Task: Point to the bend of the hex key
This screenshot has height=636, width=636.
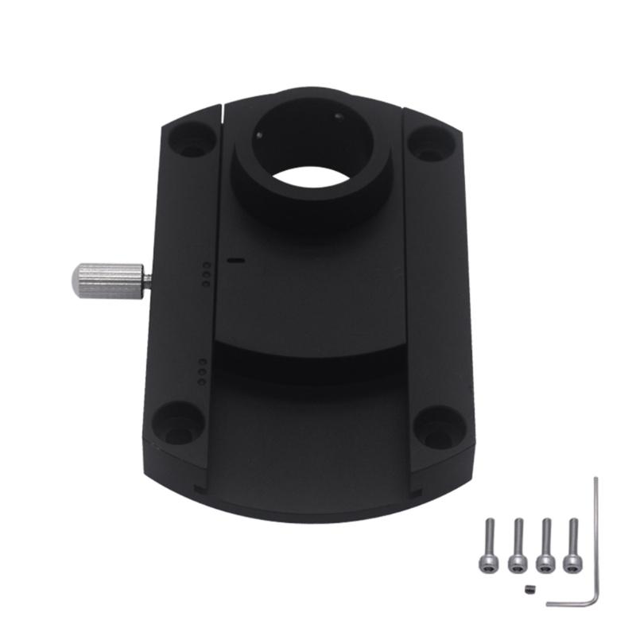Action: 593,602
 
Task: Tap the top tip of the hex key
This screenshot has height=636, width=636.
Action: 595,479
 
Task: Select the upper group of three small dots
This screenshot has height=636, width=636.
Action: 206,273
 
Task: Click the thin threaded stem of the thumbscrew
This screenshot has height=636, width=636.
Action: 145,278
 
